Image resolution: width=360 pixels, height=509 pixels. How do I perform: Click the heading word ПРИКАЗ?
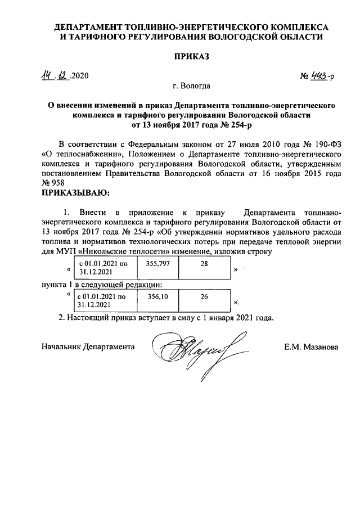pos(191,57)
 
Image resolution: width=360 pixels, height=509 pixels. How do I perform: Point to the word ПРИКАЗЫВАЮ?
pos(75,193)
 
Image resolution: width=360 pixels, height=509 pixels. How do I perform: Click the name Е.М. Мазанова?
pos(311,348)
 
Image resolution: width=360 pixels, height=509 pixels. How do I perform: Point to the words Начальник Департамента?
pos(88,348)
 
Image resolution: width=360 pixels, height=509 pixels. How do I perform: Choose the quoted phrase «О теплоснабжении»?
pos(78,154)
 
